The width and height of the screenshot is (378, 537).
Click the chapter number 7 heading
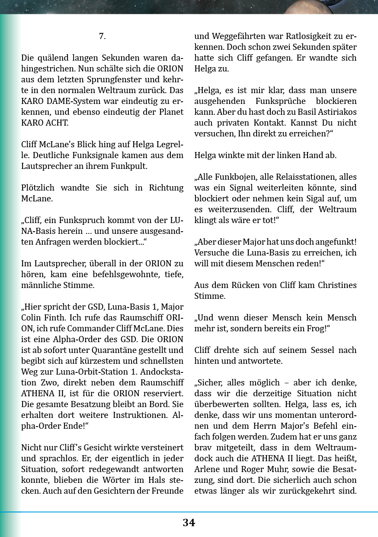click(x=102, y=36)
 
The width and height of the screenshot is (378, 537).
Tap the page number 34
click(x=189, y=523)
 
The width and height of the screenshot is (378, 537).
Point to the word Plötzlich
click(x=40, y=188)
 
